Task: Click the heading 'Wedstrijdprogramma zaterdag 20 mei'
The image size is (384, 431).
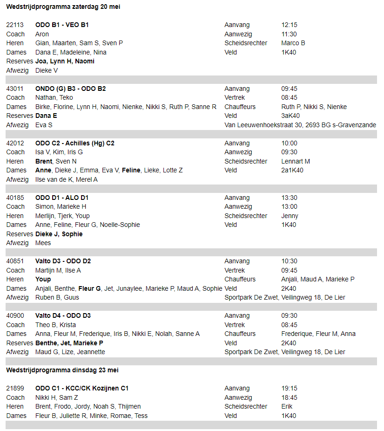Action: point(63,7)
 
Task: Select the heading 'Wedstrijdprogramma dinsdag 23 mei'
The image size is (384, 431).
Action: point(62,370)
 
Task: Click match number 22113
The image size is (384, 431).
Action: point(15,25)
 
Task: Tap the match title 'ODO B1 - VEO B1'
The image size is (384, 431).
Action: point(62,25)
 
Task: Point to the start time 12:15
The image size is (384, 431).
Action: point(289,25)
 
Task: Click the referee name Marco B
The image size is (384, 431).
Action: point(293,43)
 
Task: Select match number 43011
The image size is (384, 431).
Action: point(15,89)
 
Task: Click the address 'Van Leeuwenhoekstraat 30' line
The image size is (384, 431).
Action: point(300,125)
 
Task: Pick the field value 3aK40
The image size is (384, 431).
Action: point(290,116)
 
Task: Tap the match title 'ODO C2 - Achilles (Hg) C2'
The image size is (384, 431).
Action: point(75,143)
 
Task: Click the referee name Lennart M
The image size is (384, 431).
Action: point(296,161)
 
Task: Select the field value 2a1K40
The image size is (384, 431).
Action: point(292,171)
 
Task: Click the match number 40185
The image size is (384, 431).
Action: point(15,198)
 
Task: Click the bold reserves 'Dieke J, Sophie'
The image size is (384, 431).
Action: point(59,234)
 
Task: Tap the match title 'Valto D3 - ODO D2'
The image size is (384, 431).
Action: point(63,261)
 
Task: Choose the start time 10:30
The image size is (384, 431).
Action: point(289,261)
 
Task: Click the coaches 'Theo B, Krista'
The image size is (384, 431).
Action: point(55,325)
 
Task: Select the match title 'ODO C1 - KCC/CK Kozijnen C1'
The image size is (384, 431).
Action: point(82,388)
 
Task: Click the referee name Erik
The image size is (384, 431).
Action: point(287,406)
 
